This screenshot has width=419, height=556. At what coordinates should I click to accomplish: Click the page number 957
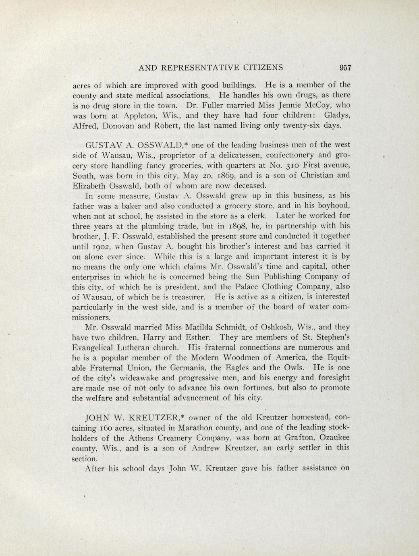(x=346, y=68)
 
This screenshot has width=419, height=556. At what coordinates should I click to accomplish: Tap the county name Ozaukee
(x=330, y=437)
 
